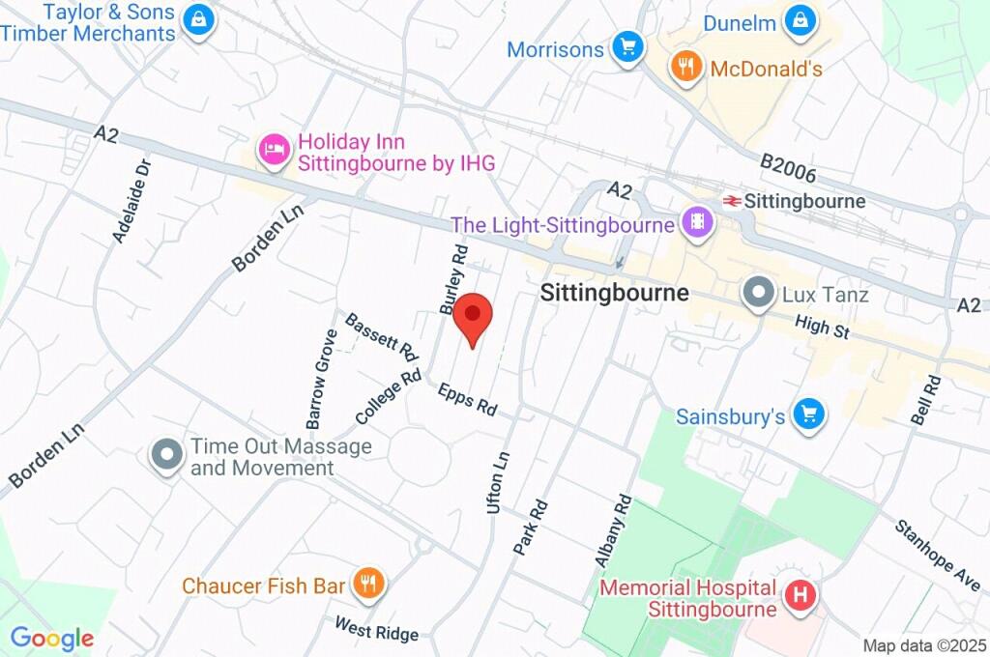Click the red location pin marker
click(473, 316)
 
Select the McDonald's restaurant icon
click(685, 68)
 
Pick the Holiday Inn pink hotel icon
click(275, 150)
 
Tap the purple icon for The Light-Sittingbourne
click(696, 224)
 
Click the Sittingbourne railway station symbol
click(732, 201)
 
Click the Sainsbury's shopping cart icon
click(808, 415)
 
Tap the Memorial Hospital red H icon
click(801, 596)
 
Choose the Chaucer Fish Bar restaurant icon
click(367, 584)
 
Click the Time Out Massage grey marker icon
click(167, 456)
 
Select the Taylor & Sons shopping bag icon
click(198, 19)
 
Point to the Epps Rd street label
click(467, 400)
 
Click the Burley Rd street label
click(452, 280)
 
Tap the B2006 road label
click(788, 169)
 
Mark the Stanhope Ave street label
click(937, 556)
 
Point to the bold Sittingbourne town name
click(614, 293)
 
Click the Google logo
click(51, 638)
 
